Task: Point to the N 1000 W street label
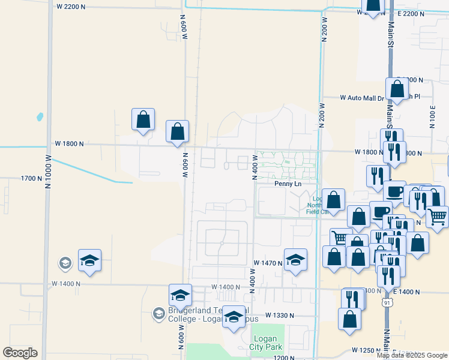[47, 172]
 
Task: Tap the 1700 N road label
[32, 178]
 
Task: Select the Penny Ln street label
[288, 184]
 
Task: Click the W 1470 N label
[268, 263]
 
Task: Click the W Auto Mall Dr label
[361, 97]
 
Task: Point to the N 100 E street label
[432, 116]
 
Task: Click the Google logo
[20, 353]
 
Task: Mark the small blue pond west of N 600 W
[40, 116]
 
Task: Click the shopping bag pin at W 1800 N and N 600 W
[178, 131]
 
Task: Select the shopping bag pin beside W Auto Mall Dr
[397, 89]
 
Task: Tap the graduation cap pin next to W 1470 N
[295, 260]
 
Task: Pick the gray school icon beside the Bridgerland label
[158, 313]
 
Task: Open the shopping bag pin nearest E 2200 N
[373, 7]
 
